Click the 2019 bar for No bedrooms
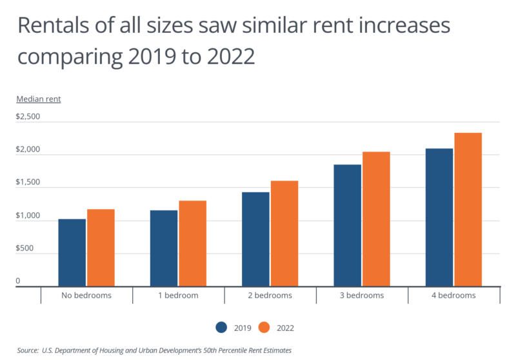[x=72, y=252]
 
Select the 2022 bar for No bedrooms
[x=101, y=248]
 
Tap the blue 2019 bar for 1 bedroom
[x=164, y=248]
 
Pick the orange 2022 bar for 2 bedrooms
[x=284, y=234]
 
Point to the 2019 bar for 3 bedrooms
[x=347, y=225]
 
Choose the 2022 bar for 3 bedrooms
[x=376, y=219]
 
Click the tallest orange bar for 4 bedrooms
[x=468, y=210]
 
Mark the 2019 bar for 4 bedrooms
[x=439, y=217]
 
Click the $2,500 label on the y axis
[x=28, y=117]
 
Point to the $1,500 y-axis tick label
[x=28, y=183]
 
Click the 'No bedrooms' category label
[x=86, y=295]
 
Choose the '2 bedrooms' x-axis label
[x=270, y=295]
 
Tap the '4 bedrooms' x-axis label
[x=454, y=295]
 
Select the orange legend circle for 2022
[x=263, y=327]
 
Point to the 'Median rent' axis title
[x=39, y=99]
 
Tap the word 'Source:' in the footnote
[x=28, y=350]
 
